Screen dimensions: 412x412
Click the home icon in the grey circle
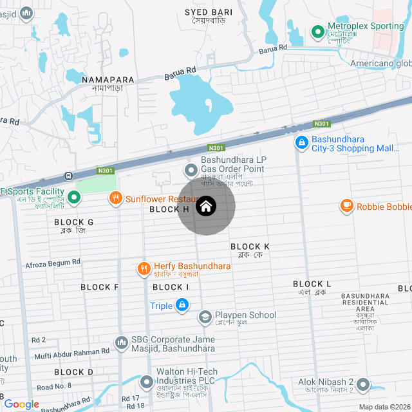click(x=206, y=206)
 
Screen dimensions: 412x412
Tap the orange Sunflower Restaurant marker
click(x=116, y=198)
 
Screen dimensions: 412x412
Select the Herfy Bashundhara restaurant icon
click(x=144, y=268)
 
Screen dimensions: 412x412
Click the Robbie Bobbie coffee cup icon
click(x=347, y=206)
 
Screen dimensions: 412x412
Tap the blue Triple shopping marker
click(x=183, y=305)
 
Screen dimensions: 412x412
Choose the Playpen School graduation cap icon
click(x=205, y=317)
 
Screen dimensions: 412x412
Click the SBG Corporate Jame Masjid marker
click(x=121, y=342)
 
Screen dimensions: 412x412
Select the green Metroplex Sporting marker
click(x=317, y=31)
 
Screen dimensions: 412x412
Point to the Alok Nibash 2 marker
click(x=363, y=384)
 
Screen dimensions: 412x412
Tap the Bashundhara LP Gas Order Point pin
click(x=191, y=170)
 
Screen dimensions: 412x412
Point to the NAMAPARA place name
click(x=108, y=80)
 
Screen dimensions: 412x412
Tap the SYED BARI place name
click(x=209, y=12)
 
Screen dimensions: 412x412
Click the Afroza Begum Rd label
click(x=53, y=263)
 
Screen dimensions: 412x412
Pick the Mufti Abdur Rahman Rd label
click(x=72, y=352)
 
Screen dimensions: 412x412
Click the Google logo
click(x=21, y=404)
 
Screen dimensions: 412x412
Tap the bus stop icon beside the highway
click(x=68, y=176)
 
